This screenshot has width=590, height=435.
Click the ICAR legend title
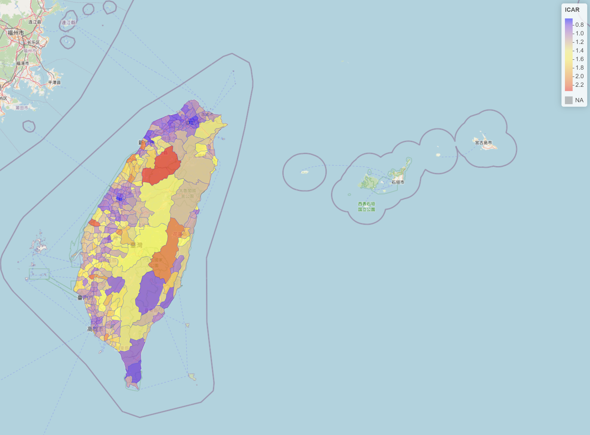pos(572,10)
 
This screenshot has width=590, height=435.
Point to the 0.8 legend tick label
pos(579,25)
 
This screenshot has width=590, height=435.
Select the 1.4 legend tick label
pos(579,51)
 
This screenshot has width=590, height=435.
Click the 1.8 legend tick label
pos(579,68)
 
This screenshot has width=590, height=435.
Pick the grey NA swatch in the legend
pos(569,100)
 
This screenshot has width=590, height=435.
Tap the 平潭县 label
pos(54,83)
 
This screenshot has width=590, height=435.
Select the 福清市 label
pos(23,63)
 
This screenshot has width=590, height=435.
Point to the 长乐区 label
pos(33,42)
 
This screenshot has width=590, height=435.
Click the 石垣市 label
pos(398,182)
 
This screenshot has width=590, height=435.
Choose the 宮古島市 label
pos(483,143)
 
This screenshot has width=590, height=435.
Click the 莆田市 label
pos(22,108)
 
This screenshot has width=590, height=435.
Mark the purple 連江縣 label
pos(68,23)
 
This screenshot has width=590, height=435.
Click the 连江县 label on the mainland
pos(35,22)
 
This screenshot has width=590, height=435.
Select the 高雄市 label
pos(95,329)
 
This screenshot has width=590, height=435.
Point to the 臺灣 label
pos(136,245)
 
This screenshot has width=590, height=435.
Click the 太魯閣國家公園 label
pos(187,193)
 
